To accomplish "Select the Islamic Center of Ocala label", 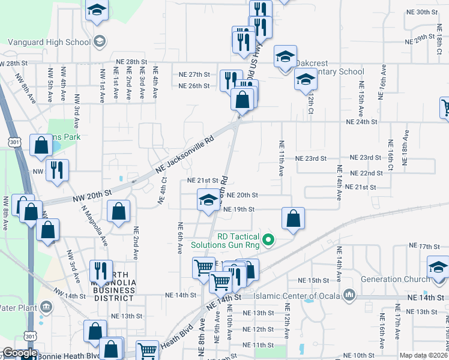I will (297, 296).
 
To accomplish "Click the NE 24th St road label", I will (361, 122).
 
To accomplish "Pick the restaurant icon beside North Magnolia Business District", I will (101, 271).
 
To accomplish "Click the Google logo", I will (20, 353).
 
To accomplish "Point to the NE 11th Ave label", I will (281, 158).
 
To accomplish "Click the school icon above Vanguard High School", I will (97, 10).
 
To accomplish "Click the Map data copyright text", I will (423, 355).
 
